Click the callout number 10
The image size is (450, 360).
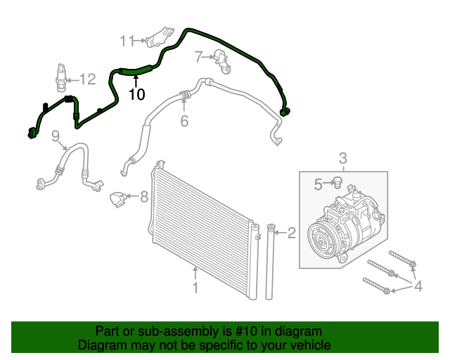click(136, 93)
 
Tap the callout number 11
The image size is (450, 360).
click(127, 41)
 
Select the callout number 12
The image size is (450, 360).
click(86, 79)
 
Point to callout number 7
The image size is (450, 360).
click(198, 56)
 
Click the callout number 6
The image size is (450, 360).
click(184, 121)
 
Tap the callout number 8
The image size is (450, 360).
click(143, 197)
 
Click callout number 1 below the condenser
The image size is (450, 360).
click(195, 287)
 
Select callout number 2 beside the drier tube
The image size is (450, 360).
click(291, 232)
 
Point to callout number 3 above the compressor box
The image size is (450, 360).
click(343, 157)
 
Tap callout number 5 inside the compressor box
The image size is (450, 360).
click(318, 185)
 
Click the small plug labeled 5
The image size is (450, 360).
click(335, 184)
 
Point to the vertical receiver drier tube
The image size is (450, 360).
click(271, 264)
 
